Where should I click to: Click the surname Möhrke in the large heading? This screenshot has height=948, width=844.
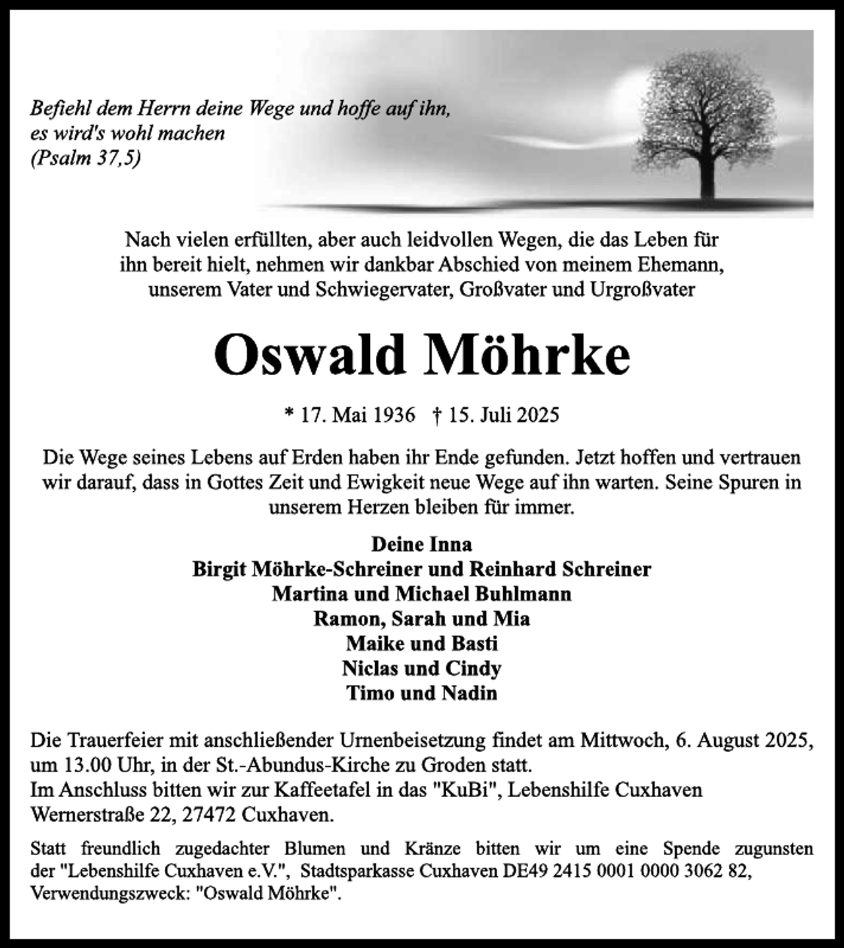525,355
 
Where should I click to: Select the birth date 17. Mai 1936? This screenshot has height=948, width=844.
358,415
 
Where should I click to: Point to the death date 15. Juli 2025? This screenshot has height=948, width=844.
504,415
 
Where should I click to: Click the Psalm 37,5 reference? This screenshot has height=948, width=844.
86,158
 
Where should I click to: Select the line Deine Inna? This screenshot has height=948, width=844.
421,545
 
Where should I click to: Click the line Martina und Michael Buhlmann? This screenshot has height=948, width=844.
421,594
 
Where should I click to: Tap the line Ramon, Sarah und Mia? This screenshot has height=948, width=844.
421,619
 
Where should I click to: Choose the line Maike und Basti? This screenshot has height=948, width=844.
421,643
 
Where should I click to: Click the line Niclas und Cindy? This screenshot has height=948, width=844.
421,668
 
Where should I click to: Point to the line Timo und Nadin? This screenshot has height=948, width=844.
421,694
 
